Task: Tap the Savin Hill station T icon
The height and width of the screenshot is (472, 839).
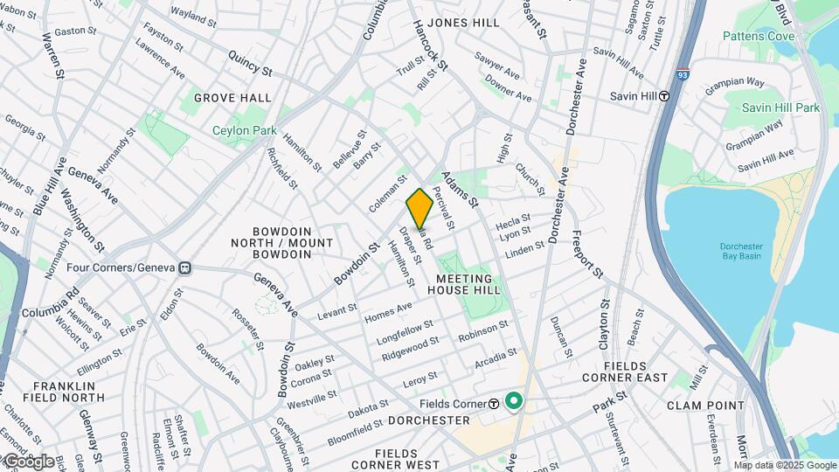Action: click(665, 96)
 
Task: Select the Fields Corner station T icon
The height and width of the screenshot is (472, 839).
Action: click(494, 403)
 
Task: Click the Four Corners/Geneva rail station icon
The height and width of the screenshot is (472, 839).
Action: click(184, 267)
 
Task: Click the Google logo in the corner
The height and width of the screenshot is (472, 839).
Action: click(28, 461)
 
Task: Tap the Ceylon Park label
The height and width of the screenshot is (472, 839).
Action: click(244, 131)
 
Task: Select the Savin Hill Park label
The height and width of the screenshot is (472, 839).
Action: click(780, 108)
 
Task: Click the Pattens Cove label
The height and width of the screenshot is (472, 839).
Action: click(758, 36)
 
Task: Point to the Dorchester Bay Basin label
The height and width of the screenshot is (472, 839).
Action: click(741, 251)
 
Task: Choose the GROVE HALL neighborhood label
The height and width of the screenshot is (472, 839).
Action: click(232, 98)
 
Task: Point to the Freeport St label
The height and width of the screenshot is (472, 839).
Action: click(587, 253)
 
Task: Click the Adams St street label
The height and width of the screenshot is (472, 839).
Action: click(460, 189)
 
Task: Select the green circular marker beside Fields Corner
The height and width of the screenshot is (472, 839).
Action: click(514, 403)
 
